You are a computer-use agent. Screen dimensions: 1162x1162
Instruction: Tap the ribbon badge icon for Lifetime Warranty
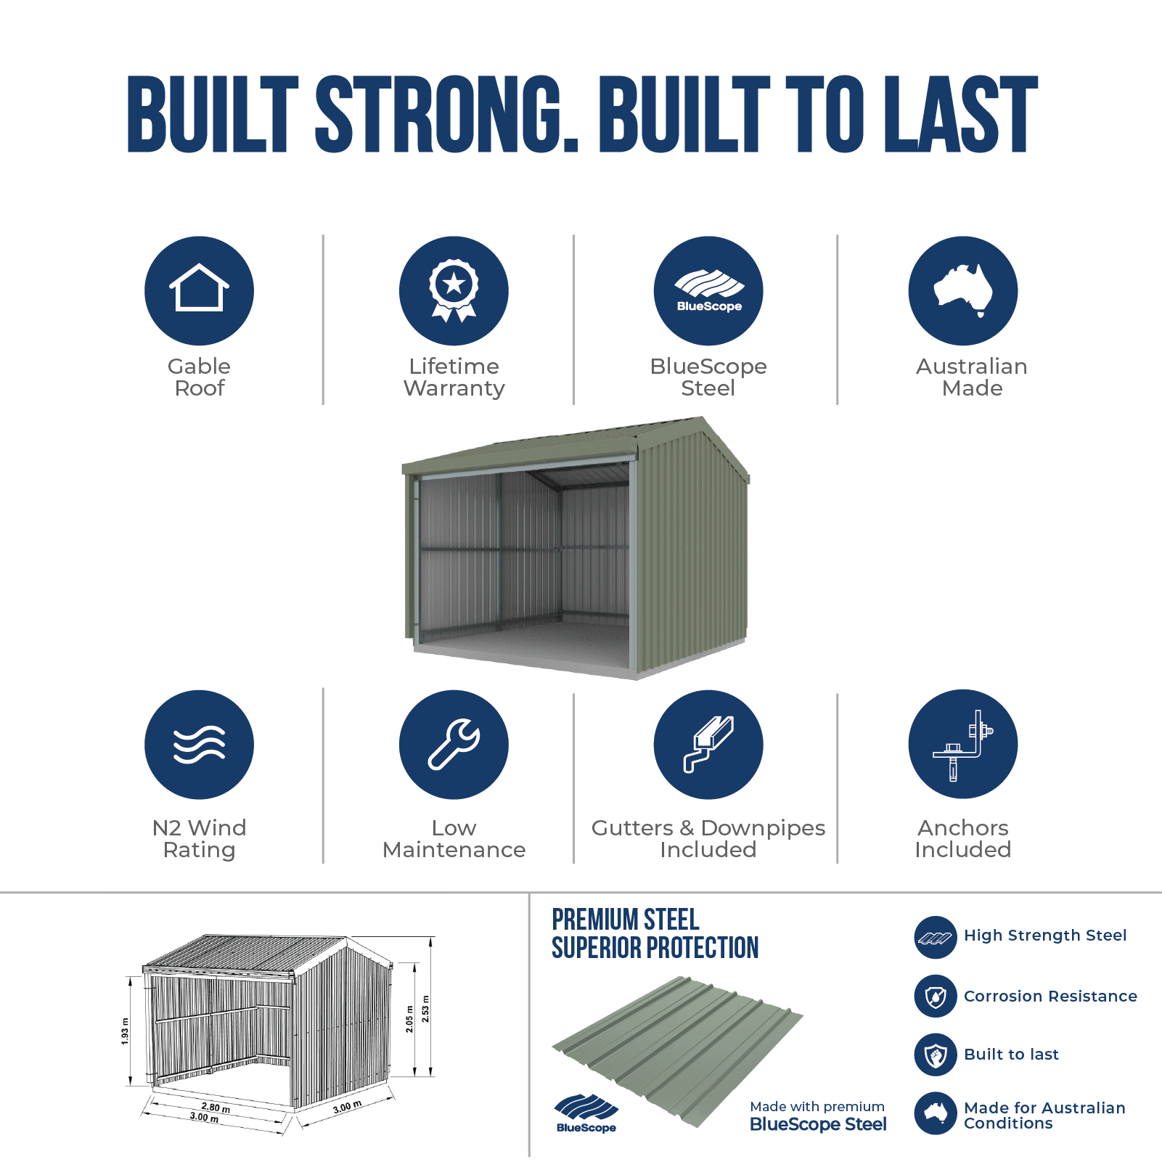454,290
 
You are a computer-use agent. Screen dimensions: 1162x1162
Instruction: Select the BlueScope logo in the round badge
708,290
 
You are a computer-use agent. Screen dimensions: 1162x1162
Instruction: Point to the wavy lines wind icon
199,745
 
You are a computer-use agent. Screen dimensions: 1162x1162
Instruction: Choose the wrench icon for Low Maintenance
454,745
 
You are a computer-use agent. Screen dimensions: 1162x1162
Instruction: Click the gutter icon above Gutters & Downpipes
708,745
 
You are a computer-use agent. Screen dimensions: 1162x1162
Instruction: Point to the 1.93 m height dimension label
125,1031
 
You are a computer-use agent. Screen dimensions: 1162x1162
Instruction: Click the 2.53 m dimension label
425,1008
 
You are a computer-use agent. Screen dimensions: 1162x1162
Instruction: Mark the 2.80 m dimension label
216,1108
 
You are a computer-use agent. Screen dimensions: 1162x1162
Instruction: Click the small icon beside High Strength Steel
936,938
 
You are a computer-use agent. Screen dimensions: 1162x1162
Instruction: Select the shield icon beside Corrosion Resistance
936,997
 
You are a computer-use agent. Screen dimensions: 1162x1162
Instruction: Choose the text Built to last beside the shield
1011,1055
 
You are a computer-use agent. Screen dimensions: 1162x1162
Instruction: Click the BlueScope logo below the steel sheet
586,1113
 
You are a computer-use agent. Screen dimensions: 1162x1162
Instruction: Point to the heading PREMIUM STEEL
626,920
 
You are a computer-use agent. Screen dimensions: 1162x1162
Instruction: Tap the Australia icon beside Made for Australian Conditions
936,1113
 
